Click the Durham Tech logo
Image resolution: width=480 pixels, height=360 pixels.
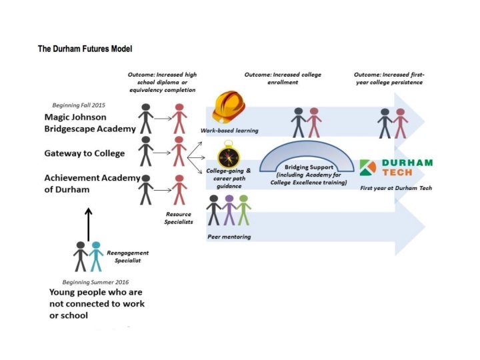[395, 167]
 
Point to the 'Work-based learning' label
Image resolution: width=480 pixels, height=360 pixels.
[229, 130]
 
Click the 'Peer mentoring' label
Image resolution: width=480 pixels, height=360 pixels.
[228, 236]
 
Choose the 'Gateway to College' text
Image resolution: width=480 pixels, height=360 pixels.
[85, 153]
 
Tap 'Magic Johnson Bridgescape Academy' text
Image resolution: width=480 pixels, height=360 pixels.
[89, 123]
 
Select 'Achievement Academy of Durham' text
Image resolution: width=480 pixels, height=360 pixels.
[92, 183]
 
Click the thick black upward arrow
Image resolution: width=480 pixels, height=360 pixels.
[89, 223]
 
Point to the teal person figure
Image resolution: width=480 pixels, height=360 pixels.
[96, 256]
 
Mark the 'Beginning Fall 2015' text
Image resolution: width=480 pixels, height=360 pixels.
[78, 105]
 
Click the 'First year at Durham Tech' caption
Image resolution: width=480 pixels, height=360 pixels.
[395, 188]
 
